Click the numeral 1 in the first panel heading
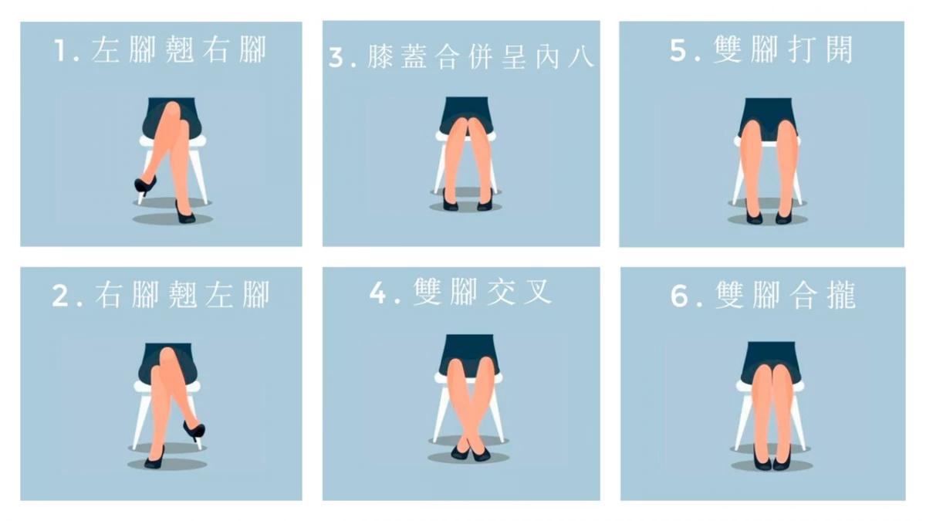(60, 50)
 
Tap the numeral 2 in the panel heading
(60, 296)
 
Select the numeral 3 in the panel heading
(336, 57)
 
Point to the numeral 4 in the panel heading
(377, 293)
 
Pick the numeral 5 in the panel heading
(678, 50)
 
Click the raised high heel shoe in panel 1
(145, 184)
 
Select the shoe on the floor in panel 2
(154, 459)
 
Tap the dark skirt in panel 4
(469, 352)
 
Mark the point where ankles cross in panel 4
(469, 443)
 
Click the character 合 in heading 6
(803, 296)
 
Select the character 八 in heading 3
(581, 57)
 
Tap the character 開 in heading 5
(840, 49)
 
